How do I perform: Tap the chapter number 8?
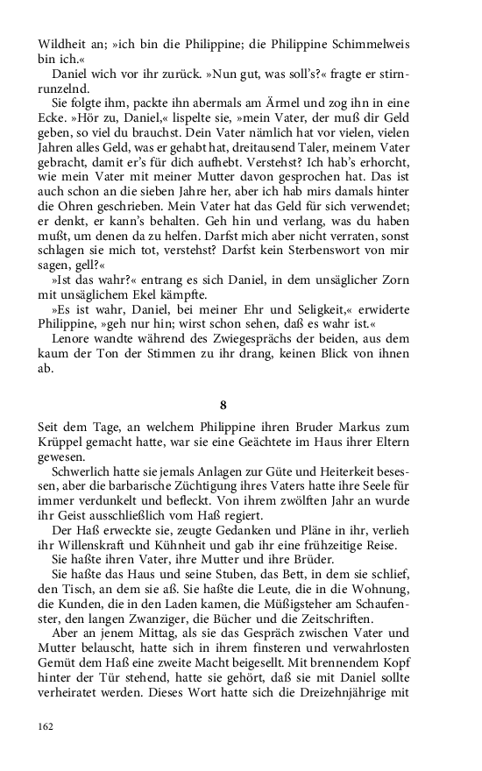223,405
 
